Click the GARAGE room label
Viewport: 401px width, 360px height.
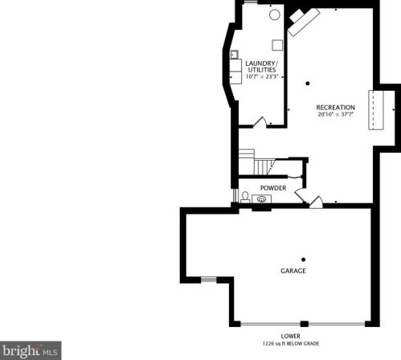pos(293,271)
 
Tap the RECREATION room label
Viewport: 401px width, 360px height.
pos(336,108)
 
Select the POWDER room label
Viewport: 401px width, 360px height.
pos(273,188)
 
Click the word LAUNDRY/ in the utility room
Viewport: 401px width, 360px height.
pos(262,63)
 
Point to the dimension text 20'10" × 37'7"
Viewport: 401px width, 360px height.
pos(336,114)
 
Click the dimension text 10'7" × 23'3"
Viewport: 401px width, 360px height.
pos(262,76)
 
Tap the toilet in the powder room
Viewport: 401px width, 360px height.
pos(245,197)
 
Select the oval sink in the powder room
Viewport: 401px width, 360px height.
pos(262,199)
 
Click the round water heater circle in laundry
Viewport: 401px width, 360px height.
pos(275,14)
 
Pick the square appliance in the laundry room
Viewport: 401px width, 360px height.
pos(277,45)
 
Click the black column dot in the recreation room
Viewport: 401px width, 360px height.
pos(308,84)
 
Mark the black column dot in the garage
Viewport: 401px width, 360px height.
pos(304,260)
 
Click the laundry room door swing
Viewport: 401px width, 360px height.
pos(260,121)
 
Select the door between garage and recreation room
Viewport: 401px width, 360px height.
pos(317,202)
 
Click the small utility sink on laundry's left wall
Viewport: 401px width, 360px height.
pos(234,55)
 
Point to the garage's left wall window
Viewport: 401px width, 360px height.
pos(209,280)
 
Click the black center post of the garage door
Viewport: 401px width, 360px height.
pos(305,324)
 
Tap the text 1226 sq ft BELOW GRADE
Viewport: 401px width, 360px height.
pos(291,344)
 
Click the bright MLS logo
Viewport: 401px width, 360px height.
pos(31,350)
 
